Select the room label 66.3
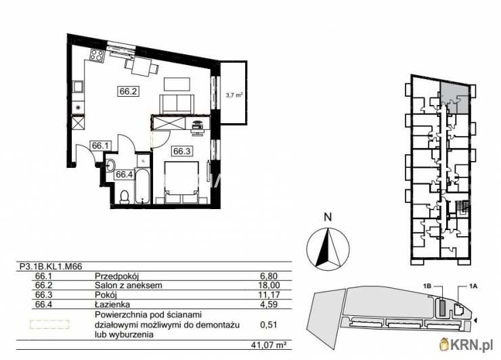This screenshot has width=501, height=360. pos(182,152)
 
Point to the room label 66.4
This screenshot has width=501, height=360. pos(123,175)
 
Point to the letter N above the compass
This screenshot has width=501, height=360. pos(327,217)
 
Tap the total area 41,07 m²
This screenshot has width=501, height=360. pos(271,344)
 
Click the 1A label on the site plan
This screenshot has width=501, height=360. pos(473,287)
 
